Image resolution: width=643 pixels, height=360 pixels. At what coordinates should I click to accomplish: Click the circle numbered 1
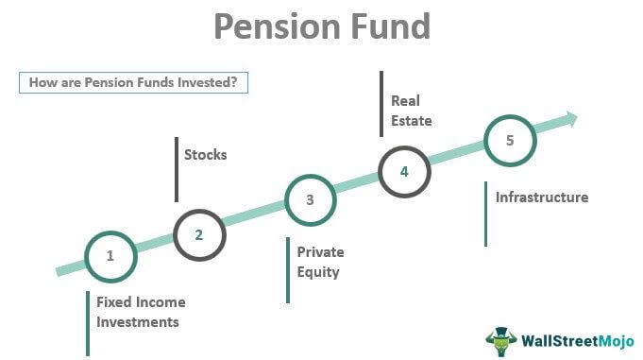point(110,255)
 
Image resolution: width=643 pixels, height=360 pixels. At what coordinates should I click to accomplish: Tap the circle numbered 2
point(199,234)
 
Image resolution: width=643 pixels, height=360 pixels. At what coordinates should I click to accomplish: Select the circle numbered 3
point(310,199)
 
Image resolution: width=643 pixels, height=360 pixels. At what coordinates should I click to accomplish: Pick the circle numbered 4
point(404,171)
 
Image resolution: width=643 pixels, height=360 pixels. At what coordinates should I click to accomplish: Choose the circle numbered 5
point(510,141)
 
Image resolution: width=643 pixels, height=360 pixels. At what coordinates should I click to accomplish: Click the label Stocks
point(205,154)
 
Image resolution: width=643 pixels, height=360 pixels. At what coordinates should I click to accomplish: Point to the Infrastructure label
point(542,197)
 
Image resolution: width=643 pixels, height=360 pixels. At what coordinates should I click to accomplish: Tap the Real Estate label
point(411,110)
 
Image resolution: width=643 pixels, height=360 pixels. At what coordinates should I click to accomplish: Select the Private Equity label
point(320,263)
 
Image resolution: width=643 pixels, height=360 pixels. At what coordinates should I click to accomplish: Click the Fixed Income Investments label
point(141,312)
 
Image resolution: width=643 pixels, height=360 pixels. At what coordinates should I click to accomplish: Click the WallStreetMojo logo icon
point(501,342)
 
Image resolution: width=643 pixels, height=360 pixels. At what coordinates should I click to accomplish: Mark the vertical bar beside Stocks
point(177,169)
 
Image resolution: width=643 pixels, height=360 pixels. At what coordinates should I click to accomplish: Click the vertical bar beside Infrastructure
point(486,214)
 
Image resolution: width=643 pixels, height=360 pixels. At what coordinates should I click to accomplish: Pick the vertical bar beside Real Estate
point(382,103)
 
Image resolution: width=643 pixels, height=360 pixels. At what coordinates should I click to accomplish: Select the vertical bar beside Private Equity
point(288,269)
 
